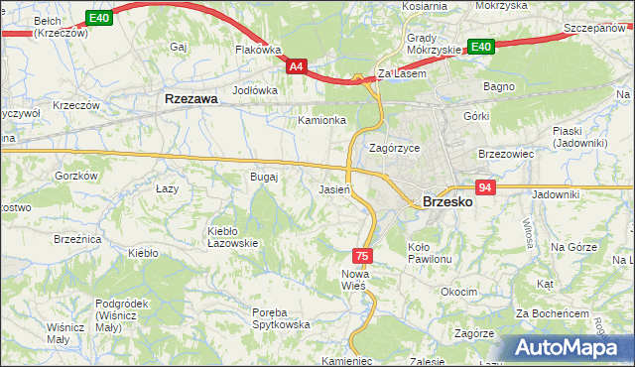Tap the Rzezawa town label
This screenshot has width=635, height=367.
[x=190, y=99]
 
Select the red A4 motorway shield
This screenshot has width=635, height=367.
[x=297, y=66]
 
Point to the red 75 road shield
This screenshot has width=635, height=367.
[x=364, y=256]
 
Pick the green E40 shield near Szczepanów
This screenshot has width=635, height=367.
[x=481, y=47]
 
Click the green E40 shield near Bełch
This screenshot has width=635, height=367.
[x=97, y=18]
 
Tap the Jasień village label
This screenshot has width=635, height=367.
[x=333, y=189]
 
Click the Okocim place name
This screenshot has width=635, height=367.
[x=458, y=293]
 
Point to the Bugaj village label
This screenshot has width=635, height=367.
[x=264, y=177]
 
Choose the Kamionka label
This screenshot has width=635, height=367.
[x=322, y=120]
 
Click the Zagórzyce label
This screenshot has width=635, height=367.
[x=394, y=148]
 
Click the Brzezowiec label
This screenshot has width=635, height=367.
[x=506, y=155]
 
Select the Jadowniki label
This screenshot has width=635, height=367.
[x=555, y=195]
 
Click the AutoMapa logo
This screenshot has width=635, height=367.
[x=571, y=348]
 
